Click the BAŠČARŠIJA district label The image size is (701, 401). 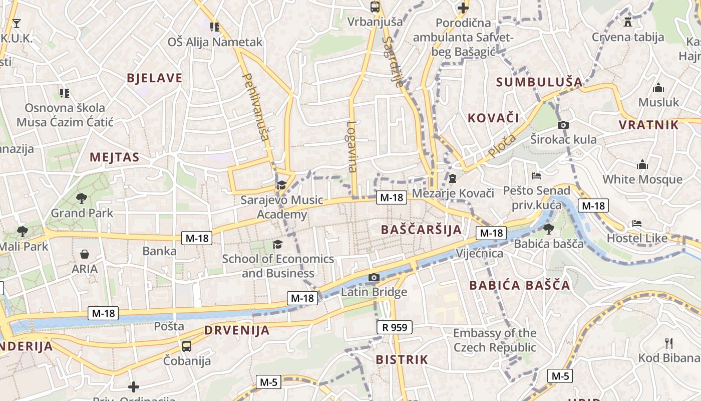tap(421, 230)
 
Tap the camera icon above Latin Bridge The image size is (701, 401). tap(374, 277)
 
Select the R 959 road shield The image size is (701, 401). tap(395, 327)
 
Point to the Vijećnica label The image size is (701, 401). tap(479, 253)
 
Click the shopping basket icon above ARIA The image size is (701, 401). tap(85, 254)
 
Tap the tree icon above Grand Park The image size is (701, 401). tap(82, 198)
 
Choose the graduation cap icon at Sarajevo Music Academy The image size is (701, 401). tap(281, 185)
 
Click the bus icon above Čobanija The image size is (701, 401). tap(187, 346)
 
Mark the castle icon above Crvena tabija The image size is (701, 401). tap(627, 22)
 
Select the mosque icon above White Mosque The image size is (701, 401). tap(642, 164)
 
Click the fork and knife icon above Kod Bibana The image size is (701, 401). tap(668, 343)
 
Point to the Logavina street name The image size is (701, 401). tap(352, 147)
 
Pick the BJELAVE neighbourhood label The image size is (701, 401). tap(155, 78)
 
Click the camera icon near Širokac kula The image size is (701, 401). tap(563, 125)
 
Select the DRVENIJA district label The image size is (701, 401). tap(237, 330)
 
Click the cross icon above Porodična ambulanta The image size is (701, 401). tap(463, 8)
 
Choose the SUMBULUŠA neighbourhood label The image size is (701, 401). tap(539, 82)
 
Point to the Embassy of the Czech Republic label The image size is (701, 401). tap(495, 340)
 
